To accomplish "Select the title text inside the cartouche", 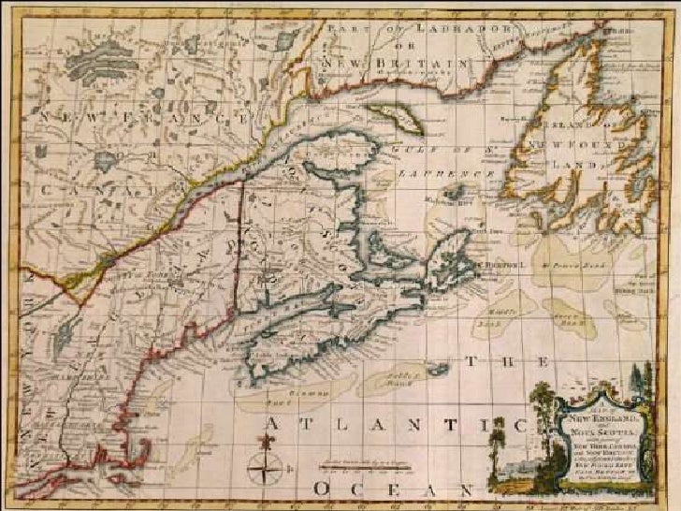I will coord(590,435).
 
